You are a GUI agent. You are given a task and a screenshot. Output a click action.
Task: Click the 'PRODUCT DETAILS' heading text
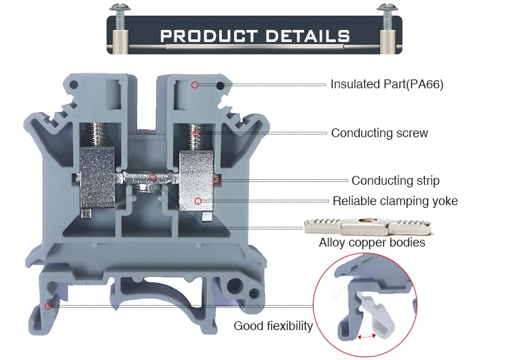[255, 36]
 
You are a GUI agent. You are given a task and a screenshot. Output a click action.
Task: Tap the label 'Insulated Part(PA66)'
[387, 84]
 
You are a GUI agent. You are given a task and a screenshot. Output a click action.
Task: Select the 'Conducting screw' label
[379, 133]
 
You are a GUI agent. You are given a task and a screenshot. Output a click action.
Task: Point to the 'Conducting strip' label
[395, 181]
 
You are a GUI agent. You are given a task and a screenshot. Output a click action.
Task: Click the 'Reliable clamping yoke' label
[395, 201]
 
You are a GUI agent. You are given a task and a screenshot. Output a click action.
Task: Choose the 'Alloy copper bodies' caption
[372, 242]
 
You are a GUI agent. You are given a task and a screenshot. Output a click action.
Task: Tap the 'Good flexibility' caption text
[273, 326]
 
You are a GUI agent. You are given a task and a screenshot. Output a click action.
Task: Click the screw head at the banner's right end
[385, 9]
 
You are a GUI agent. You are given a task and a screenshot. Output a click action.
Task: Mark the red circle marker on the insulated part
[195, 85]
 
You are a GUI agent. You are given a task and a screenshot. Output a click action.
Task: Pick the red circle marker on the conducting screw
[196, 133]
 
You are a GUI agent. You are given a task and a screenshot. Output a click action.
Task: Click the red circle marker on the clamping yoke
[198, 200]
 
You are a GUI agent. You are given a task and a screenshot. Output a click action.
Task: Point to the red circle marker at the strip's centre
[153, 179]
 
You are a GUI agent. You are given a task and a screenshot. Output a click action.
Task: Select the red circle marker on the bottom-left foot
[48, 306]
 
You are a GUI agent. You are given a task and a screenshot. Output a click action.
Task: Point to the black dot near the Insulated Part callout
[221, 86]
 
